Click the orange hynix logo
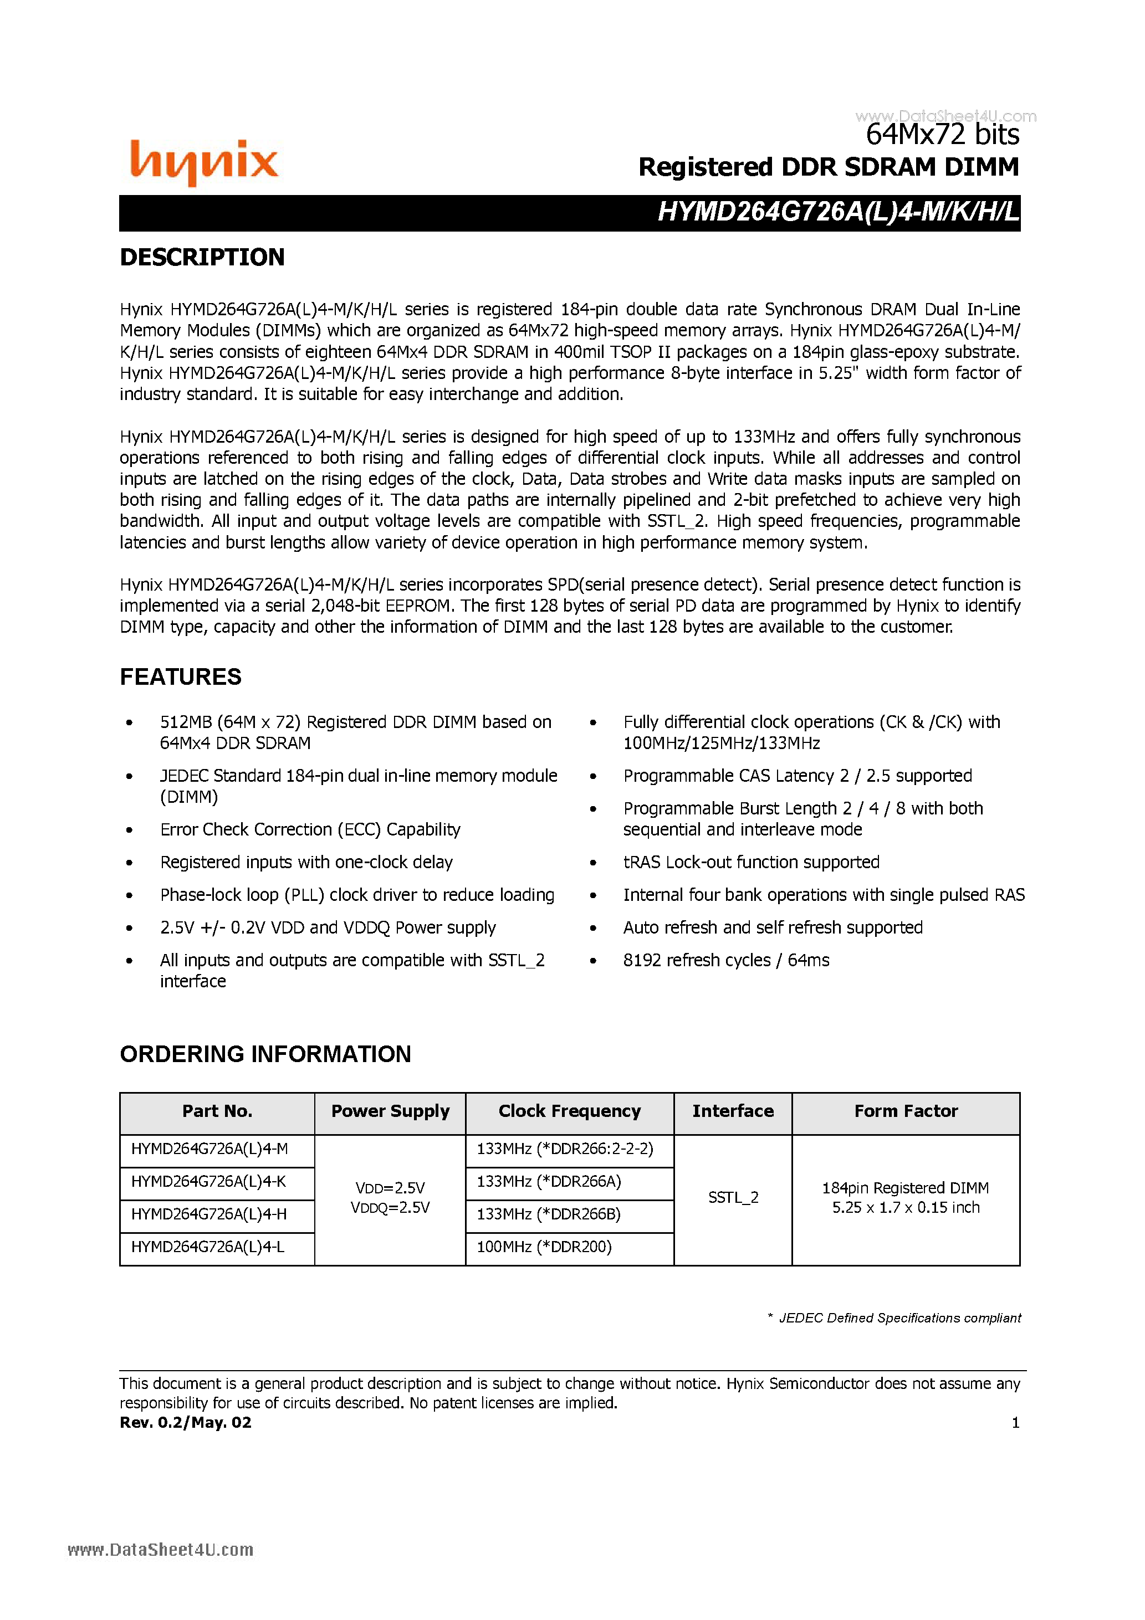(x=204, y=162)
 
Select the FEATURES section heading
(x=181, y=676)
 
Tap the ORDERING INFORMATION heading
(x=265, y=1054)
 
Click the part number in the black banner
(x=838, y=212)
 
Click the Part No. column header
(x=217, y=1111)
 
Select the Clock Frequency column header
(x=569, y=1111)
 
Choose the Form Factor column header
(x=906, y=1111)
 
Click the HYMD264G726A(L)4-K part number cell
(x=209, y=1182)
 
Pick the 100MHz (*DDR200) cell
(x=544, y=1247)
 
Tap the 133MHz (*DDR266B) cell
(x=549, y=1214)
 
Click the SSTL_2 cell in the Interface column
(x=733, y=1197)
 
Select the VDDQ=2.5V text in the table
(x=390, y=1208)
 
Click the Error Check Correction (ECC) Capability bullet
(x=310, y=830)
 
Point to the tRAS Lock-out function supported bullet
(x=751, y=862)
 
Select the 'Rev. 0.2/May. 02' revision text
(x=186, y=1422)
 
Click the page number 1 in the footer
(x=1015, y=1422)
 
